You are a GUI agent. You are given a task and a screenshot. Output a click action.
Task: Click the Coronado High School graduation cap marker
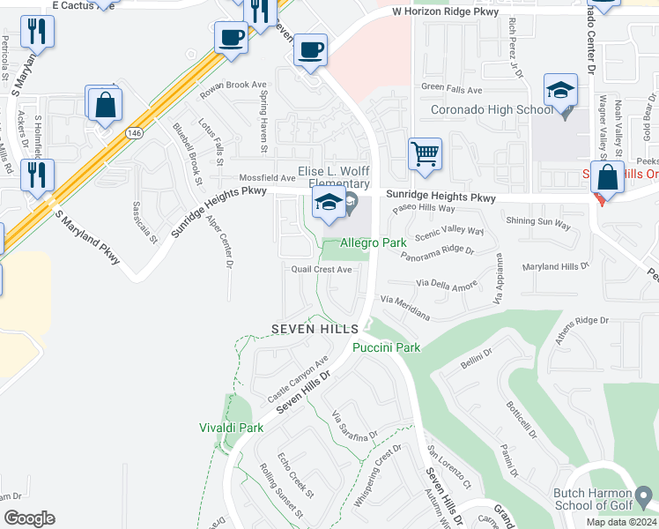(560, 92)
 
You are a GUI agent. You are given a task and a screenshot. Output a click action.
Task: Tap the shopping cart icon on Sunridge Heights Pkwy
(425, 154)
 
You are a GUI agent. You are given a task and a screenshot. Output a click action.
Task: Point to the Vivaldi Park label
(232, 428)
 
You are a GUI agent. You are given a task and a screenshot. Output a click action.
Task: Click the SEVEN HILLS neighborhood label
(315, 328)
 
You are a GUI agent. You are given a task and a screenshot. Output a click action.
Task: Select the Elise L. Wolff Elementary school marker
(328, 205)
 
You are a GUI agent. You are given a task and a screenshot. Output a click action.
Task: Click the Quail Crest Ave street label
(323, 270)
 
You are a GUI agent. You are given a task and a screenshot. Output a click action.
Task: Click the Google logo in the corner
(29, 518)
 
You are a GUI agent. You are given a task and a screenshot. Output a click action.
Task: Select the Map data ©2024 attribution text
(620, 522)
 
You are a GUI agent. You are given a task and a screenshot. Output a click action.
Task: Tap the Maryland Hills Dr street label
(555, 266)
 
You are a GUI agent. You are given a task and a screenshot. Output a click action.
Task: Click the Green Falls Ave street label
(451, 90)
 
